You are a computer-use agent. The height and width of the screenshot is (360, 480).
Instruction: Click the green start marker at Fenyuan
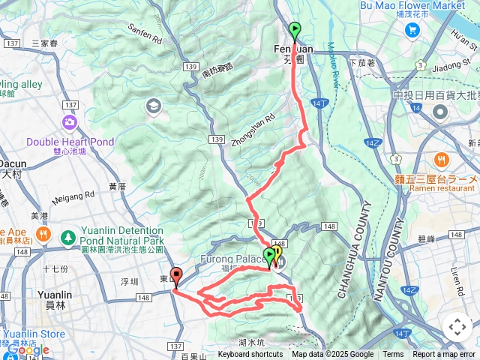pos(294,31)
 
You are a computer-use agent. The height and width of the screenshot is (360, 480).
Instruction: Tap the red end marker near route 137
pos(175,276)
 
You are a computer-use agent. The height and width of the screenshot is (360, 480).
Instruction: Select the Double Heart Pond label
pos(70,141)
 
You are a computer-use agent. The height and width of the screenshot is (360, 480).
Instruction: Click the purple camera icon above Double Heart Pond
pos(70,121)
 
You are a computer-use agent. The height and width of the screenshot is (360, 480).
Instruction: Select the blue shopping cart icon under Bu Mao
pos(412,29)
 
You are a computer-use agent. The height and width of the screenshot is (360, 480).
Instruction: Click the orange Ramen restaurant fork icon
pos(440,158)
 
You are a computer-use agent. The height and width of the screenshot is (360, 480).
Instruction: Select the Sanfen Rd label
pos(145,33)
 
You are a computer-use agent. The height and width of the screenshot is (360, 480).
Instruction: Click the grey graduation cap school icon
pos(154,105)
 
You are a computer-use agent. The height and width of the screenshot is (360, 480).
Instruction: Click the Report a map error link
pos(443,355)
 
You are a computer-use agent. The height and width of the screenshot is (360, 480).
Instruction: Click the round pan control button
pos(457,327)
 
